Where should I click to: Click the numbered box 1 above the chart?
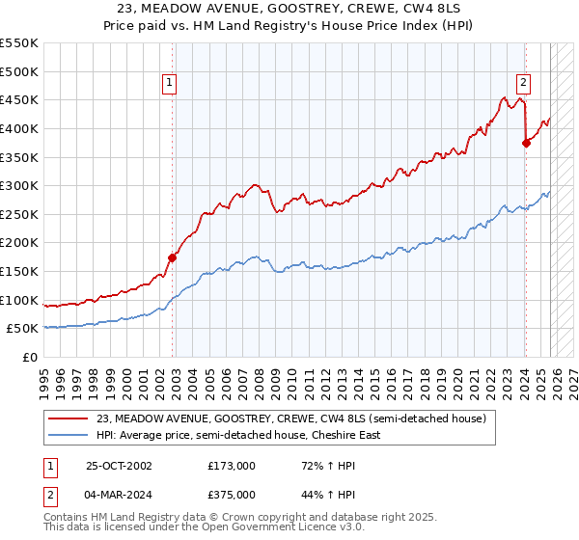click(x=169, y=84)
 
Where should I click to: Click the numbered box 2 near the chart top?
click(x=523, y=84)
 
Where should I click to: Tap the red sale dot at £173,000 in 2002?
click(x=173, y=257)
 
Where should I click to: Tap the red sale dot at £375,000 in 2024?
click(x=526, y=143)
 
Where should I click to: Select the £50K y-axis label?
click(x=24, y=328)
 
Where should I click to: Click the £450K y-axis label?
click(x=20, y=99)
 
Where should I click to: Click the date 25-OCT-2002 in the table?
click(x=120, y=465)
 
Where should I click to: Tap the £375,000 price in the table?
click(x=231, y=494)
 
